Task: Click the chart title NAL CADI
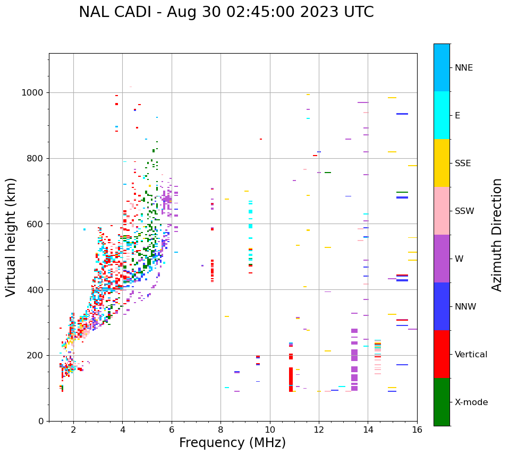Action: tap(226, 12)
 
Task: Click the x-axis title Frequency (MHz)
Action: tap(232, 443)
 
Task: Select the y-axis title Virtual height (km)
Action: tap(11, 237)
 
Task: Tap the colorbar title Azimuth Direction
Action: tap(497, 235)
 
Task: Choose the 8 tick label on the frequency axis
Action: tap(220, 430)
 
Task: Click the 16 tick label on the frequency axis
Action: tap(417, 430)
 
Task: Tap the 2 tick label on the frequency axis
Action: tap(73, 430)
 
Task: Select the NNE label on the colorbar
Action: tap(463, 68)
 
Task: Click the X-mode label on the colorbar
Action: tap(471, 402)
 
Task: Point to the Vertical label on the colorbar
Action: tap(471, 355)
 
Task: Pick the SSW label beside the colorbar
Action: tap(464, 211)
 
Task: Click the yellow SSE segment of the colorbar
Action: tap(442, 163)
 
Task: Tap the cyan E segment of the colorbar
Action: tap(442, 115)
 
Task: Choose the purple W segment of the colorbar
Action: tap(442, 259)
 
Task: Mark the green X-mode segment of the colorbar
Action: tap(442, 402)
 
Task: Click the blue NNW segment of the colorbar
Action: tap(442, 306)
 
